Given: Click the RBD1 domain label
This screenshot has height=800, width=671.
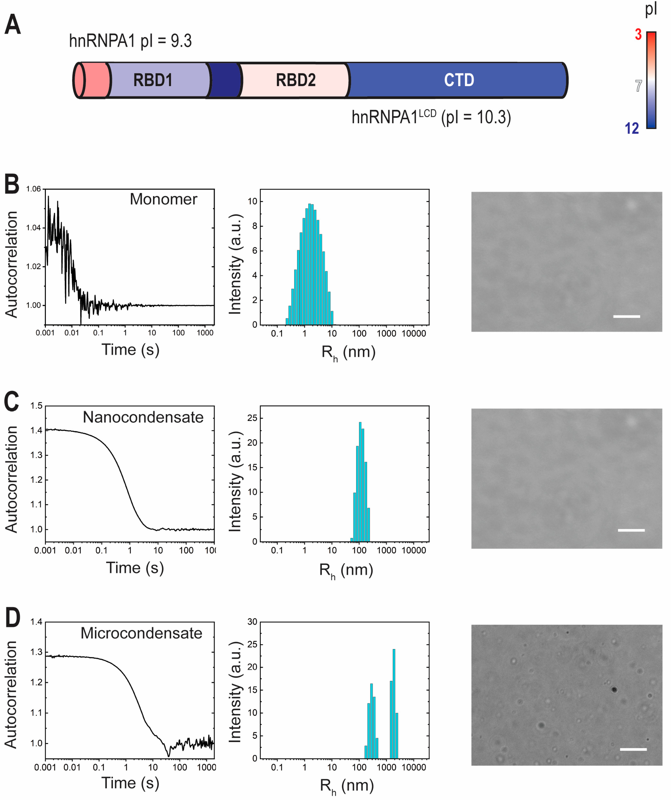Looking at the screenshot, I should point(153,80).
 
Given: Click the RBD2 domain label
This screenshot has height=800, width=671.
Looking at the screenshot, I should point(296,80).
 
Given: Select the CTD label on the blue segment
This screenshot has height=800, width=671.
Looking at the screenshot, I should point(459,80).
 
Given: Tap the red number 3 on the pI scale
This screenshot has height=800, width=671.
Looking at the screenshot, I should point(638,35).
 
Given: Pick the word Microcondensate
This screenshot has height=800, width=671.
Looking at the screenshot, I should point(141,633).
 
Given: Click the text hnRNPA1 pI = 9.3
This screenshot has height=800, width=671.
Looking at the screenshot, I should point(130,41).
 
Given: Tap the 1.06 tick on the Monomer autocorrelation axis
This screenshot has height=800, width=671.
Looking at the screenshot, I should point(33,189).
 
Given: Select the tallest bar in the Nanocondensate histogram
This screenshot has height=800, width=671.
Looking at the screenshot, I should point(360,482).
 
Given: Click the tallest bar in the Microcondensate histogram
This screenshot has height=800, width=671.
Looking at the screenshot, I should point(394,703).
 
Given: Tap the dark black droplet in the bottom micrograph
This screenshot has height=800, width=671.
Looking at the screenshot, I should point(614,689).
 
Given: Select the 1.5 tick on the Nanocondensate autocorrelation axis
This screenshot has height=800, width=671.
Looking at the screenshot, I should point(37,406).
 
